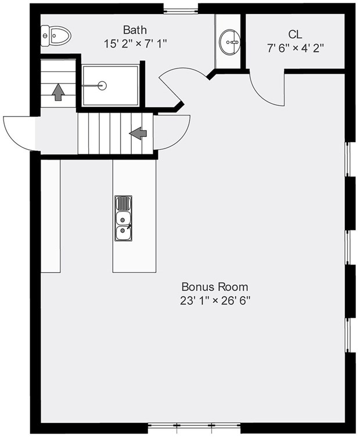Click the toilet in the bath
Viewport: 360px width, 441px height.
(56, 37)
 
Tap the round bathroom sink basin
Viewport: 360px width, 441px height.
(231, 41)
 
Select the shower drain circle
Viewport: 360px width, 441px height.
(102, 86)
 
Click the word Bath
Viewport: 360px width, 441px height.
(135, 30)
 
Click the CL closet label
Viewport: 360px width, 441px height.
(295, 35)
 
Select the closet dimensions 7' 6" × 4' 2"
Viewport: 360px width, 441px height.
(295, 48)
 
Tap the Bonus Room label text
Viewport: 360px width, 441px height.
(215, 287)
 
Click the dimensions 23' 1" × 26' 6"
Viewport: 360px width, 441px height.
(215, 301)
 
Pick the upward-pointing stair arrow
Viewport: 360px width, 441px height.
(58, 92)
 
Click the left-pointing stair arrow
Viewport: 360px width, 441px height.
(138, 133)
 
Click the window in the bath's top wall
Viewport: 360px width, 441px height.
(181, 10)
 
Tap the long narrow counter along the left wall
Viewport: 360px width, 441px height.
(51, 215)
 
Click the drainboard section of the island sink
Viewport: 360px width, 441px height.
(123, 203)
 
